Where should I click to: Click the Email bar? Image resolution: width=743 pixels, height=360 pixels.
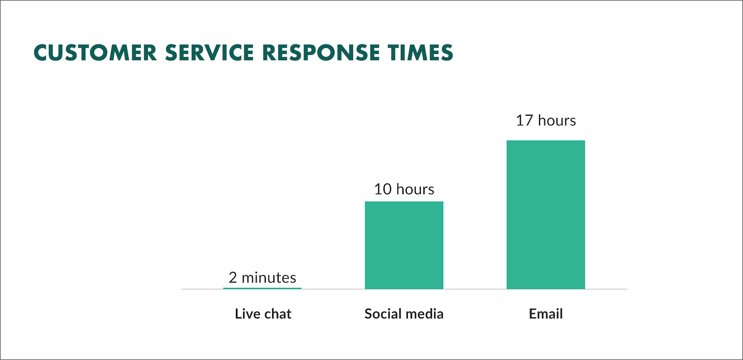point(546,215)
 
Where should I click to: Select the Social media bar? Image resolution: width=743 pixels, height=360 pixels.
point(404,245)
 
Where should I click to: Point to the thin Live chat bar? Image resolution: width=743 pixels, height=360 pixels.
point(263,288)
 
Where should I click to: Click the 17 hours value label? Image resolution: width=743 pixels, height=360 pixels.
point(546,121)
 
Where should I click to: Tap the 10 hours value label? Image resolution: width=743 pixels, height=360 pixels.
point(404,189)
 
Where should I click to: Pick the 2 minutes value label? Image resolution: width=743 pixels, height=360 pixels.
point(263,278)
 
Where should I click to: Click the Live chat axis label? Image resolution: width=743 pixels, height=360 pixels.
point(263,314)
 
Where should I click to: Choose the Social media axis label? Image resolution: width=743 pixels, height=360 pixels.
point(404,314)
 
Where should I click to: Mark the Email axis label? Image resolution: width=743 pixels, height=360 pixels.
point(546,314)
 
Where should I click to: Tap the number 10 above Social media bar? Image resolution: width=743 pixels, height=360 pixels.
point(383,189)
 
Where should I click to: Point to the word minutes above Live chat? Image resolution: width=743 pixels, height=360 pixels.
point(269,278)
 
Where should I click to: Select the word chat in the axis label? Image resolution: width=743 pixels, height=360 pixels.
point(278,314)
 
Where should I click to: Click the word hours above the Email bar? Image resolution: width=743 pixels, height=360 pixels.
point(557,121)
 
